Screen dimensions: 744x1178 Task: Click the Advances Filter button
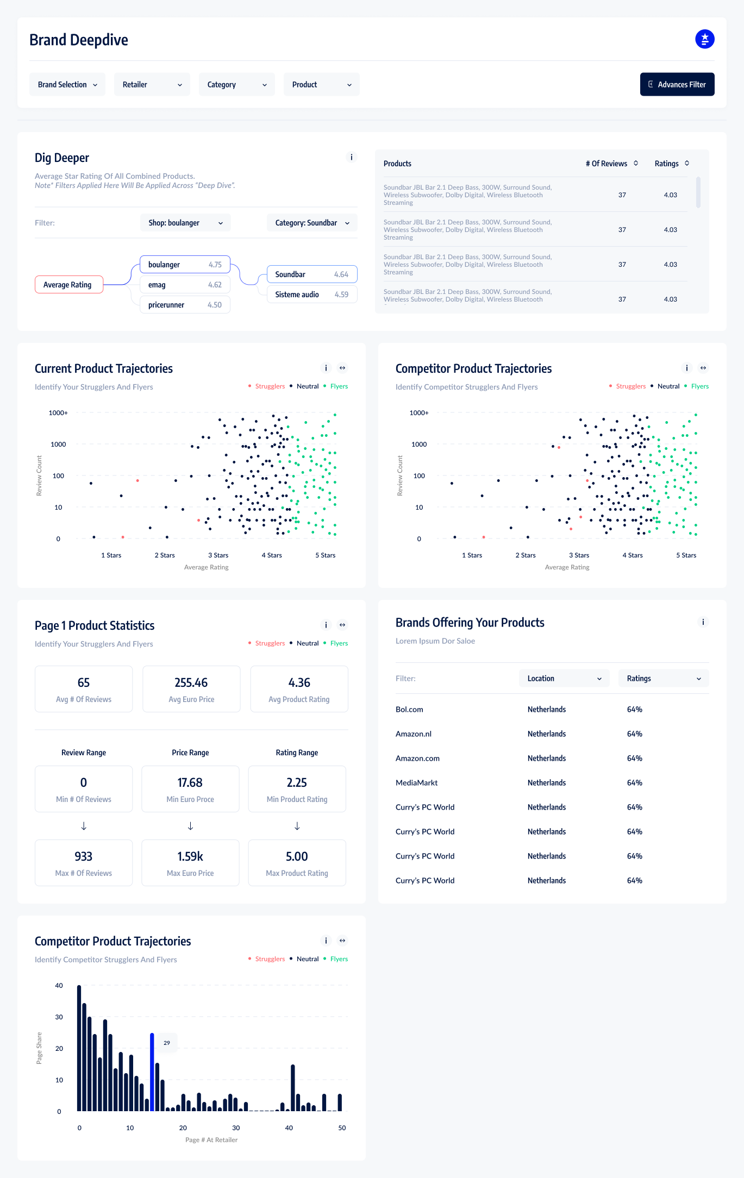[677, 84]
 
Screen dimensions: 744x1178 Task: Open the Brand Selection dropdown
[67, 84]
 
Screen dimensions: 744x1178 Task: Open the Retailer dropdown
[152, 84]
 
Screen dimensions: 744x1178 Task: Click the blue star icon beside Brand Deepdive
[705, 39]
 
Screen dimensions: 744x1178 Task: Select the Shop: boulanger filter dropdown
[185, 223]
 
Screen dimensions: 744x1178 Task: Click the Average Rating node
[69, 285]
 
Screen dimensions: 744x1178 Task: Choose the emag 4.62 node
[185, 285]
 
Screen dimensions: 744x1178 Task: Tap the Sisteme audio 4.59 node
[312, 294]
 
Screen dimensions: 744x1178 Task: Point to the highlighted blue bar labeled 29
[152, 1072]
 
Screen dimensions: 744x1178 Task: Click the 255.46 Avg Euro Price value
[191, 682]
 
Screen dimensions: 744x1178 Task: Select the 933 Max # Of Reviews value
[84, 856]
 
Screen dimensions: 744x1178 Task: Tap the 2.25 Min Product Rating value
[297, 782]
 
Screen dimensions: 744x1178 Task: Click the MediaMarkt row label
[416, 783]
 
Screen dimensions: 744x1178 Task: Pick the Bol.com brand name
[409, 710]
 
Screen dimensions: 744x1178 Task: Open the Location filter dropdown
[564, 679]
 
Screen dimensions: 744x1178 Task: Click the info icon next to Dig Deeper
[352, 158]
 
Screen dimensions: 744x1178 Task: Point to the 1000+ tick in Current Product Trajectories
[58, 413]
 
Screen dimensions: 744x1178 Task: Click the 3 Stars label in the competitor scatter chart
[579, 555]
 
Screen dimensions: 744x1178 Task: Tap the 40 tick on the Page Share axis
[59, 986]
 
